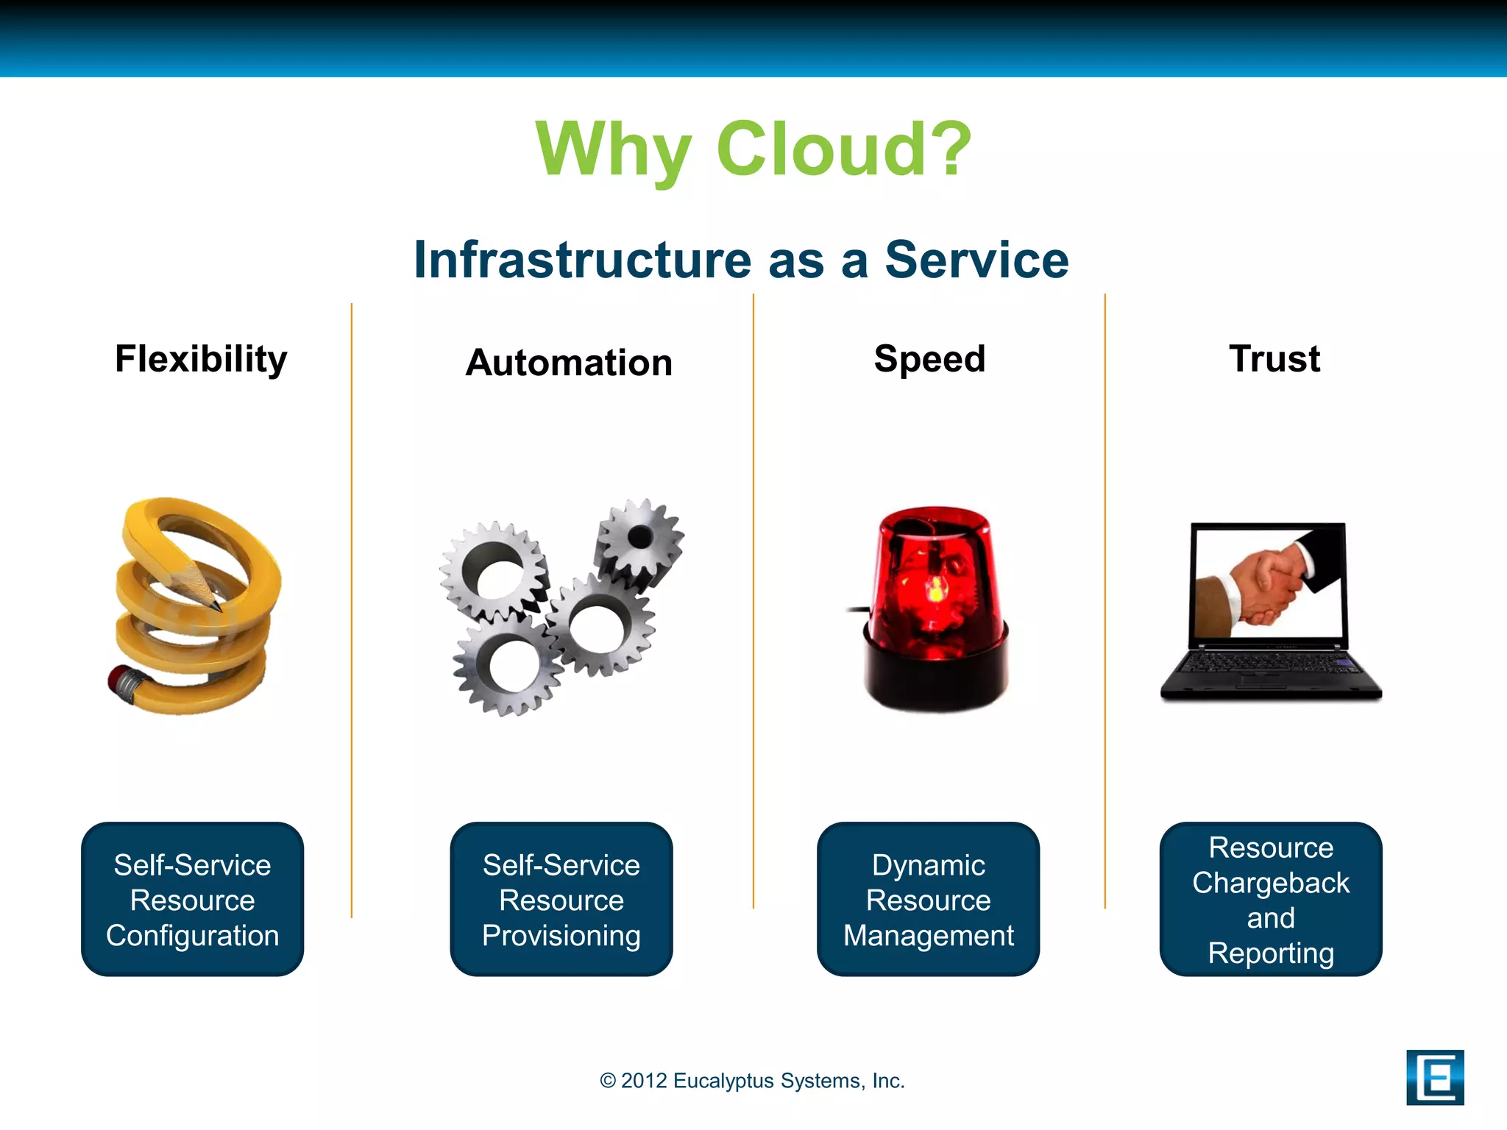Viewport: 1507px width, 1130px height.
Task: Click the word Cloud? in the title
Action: click(843, 149)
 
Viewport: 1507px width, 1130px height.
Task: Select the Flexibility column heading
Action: click(201, 359)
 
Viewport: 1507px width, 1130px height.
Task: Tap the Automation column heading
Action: click(569, 363)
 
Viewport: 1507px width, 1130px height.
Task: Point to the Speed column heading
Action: click(929, 359)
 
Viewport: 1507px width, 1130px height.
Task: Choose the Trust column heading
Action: click(1274, 359)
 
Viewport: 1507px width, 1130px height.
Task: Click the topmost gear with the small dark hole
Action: click(639, 538)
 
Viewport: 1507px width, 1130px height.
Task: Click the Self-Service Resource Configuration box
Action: click(193, 900)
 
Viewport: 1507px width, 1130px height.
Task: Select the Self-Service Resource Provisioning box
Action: click(561, 900)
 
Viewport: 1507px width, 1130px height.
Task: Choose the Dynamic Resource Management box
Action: click(929, 900)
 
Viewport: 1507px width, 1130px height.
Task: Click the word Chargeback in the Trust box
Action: click(1271, 883)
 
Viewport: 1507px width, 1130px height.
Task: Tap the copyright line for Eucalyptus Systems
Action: click(752, 1081)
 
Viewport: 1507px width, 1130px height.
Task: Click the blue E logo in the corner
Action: click(1434, 1078)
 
